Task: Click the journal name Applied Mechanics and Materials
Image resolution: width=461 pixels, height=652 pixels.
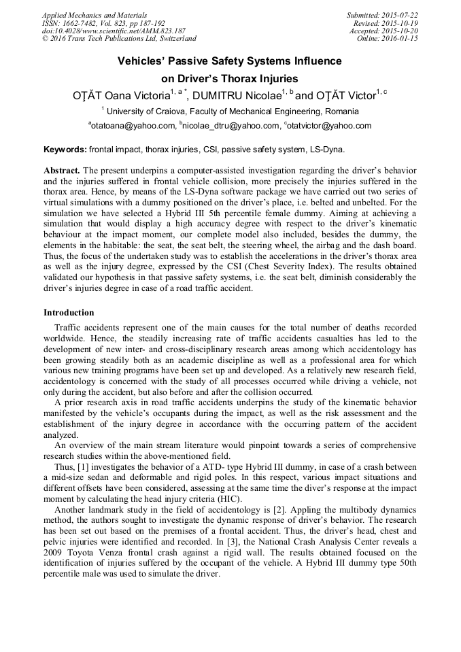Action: (x=95, y=15)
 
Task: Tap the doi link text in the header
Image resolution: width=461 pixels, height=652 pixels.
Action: (x=114, y=31)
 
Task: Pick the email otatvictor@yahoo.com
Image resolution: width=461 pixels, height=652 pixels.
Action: (x=330, y=126)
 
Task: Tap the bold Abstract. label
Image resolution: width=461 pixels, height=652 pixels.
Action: (x=62, y=169)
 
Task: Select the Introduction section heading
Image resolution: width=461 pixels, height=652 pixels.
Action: (x=69, y=313)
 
